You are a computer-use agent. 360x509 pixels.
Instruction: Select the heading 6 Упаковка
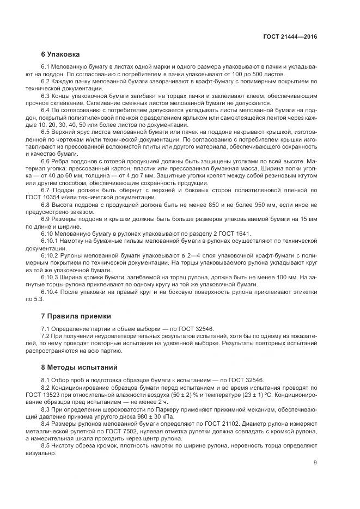[x=60, y=54]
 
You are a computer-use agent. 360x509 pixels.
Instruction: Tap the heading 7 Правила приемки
[x=76, y=316]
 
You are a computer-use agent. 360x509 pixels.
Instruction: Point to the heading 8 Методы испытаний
[x=79, y=367]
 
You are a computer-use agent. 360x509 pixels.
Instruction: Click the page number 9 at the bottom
[x=315, y=463]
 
